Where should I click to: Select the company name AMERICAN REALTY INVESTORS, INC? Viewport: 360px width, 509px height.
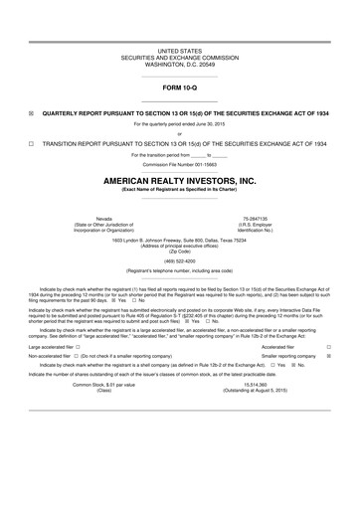[x=180, y=181]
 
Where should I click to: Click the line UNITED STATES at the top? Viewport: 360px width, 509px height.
[x=180, y=49]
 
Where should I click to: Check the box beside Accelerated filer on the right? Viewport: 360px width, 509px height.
[x=329, y=346]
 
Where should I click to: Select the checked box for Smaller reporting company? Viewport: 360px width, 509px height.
[x=329, y=355]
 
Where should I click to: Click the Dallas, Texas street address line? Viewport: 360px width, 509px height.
[x=180, y=240]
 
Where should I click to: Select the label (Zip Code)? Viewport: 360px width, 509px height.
[x=180, y=251]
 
